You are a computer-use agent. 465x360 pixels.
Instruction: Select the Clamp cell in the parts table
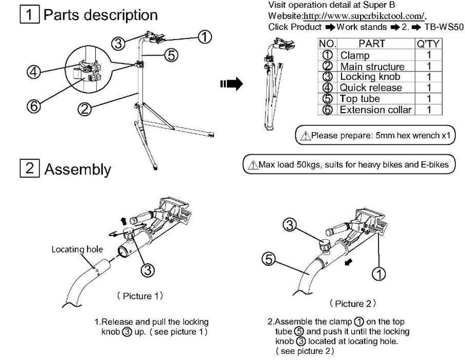354,55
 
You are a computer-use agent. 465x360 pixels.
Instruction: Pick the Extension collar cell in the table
375,110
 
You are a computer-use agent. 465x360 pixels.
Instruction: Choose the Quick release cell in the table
370,88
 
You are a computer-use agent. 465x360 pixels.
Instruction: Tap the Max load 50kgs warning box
349,165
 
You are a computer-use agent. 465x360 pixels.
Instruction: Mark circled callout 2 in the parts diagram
85,108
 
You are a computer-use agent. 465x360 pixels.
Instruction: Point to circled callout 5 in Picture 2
269,260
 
